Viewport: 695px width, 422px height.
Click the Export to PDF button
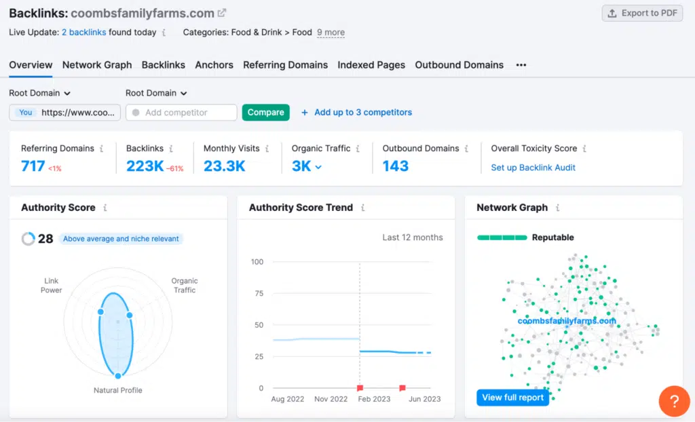(x=642, y=13)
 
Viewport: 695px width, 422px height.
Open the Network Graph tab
(x=97, y=65)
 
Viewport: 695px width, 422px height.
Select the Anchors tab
(x=214, y=65)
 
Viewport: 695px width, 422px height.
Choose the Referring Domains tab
(x=285, y=65)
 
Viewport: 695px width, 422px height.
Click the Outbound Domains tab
(x=459, y=65)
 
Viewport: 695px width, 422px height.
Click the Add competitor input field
(x=181, y=113)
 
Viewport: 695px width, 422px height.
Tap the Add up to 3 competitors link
(x=362, y=113)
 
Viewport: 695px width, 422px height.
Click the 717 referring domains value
(x=33, y=166)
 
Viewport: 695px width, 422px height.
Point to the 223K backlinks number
(x=145, y=166)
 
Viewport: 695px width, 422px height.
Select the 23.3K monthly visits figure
(x=224, y=166)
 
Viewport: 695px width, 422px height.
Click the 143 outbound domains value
(x=395, y=166)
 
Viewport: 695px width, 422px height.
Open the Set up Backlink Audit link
(x=533, y=168)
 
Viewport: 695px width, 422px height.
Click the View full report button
(x=512, y=398)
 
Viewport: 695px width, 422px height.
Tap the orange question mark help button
(x=674, y=401)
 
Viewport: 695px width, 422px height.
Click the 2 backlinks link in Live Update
(x=83, y=33)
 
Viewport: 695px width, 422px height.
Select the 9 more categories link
(x=331, y=33)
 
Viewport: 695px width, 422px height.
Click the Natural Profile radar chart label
(x=117, y=390)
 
